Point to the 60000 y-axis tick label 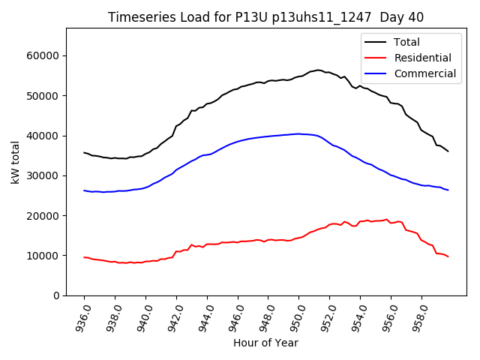click(44, 55)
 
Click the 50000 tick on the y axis click(44, 96)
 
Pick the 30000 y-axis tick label click(44, 175)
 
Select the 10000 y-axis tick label click(44, 256)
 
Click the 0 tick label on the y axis click(58, 295)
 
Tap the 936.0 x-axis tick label click(83, 317)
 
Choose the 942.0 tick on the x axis click(175, 317)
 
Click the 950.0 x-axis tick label click(298, 317)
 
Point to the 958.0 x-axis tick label click(421, 317)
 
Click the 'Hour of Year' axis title click(265, 343)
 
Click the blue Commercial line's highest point click(298, 133)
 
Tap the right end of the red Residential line click(448, 256)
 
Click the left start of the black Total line click(84, 152)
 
